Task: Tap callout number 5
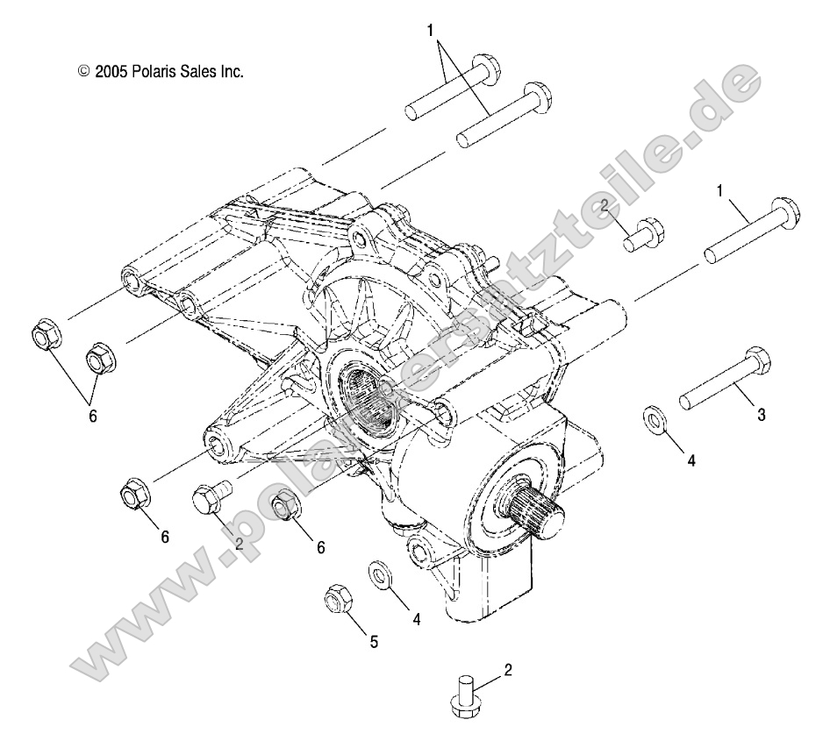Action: [x=374, y=642]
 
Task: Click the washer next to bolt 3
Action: [x=655, y=419]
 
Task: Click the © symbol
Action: [x=84, y=71]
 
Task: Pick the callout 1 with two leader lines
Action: [x=431, y=31]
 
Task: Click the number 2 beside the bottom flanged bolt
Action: [x=508, y=671]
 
